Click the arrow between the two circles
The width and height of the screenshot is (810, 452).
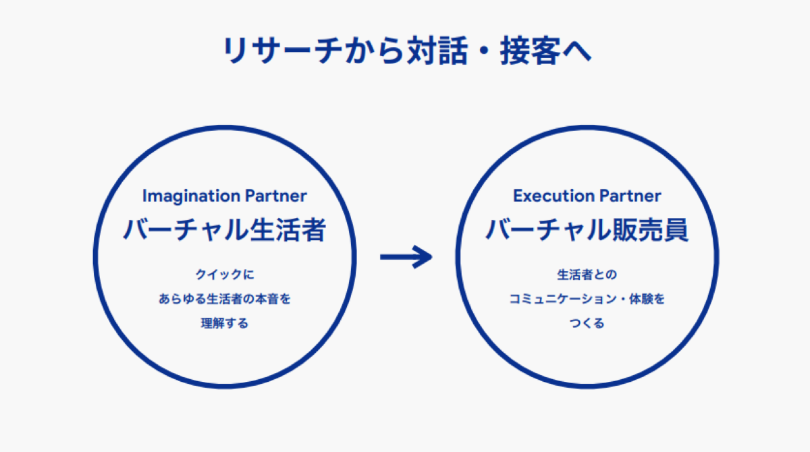pyautogui.click(x=406, y=256)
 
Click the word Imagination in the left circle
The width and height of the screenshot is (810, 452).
pyautogui.click(x=183, y=196)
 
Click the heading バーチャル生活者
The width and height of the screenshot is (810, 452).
pyautogui.click(x=224, y=231)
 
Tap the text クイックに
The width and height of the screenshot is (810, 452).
pyautogui.click(x=224, y=275)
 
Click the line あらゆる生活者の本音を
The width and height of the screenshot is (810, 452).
pyautogui.click(x=224, y=299)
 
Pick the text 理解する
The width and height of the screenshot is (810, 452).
pyautogui.click(x=224, y=323)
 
